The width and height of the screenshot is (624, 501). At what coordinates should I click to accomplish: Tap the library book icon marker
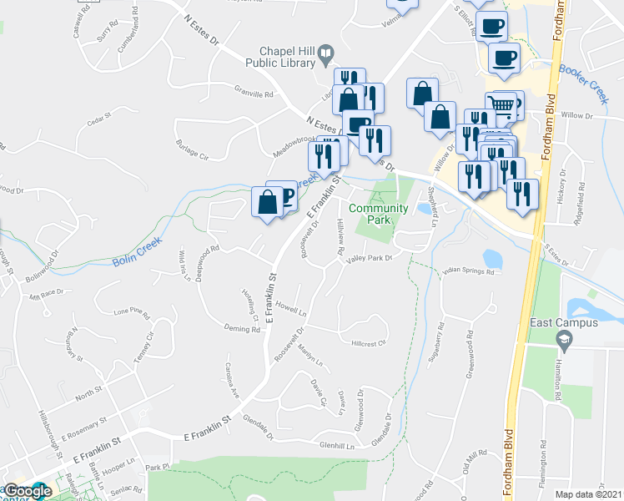325,55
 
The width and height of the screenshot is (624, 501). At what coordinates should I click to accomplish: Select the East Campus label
564,322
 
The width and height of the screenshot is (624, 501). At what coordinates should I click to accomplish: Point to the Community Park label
378,214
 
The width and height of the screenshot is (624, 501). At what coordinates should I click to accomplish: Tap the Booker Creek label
583,83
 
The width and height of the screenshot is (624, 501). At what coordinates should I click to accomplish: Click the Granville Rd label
254,94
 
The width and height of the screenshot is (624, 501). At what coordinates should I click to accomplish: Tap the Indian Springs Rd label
468,271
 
